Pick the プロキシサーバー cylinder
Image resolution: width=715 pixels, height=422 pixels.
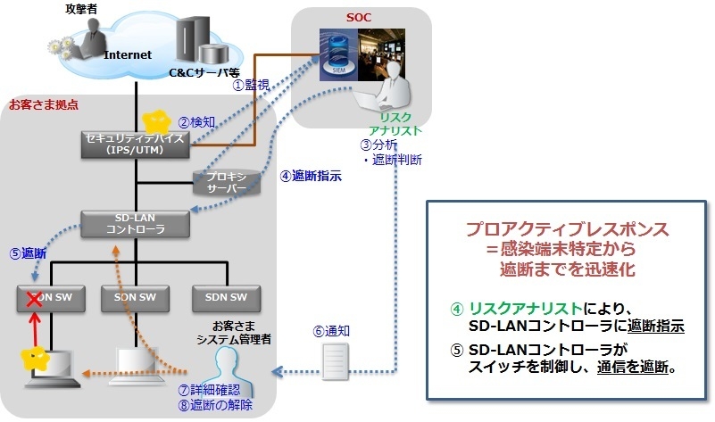[x=227, y=183]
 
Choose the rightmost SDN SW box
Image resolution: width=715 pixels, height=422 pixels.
[x=226, y=298]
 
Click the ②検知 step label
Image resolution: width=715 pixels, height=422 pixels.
[x=196, y=121]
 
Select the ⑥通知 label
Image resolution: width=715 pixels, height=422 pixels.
[x=330, y=330]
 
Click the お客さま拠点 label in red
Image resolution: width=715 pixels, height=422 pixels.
[x=43, y=104]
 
